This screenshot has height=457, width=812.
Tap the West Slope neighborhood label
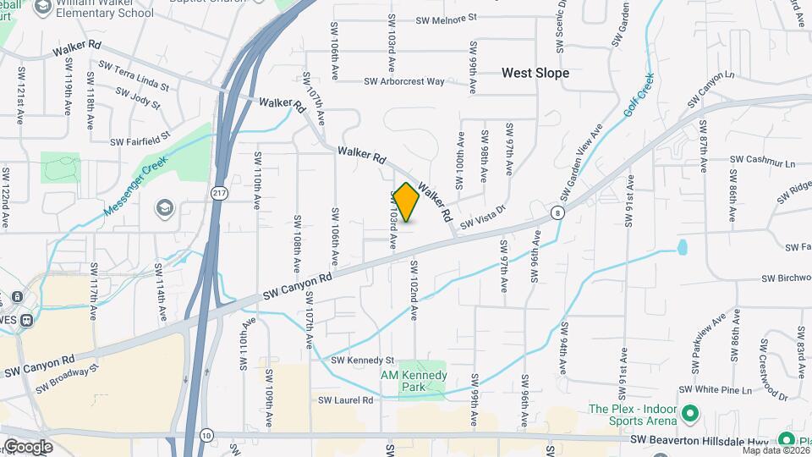[535, 74]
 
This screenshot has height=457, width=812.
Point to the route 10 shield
[206, 435]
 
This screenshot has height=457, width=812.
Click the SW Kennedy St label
[363, 361]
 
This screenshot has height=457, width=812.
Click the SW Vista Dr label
[482, 218]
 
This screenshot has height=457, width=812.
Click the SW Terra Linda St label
[134, 76]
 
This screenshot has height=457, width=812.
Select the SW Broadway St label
[68, 378]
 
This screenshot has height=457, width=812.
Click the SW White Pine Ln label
[724, 390]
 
